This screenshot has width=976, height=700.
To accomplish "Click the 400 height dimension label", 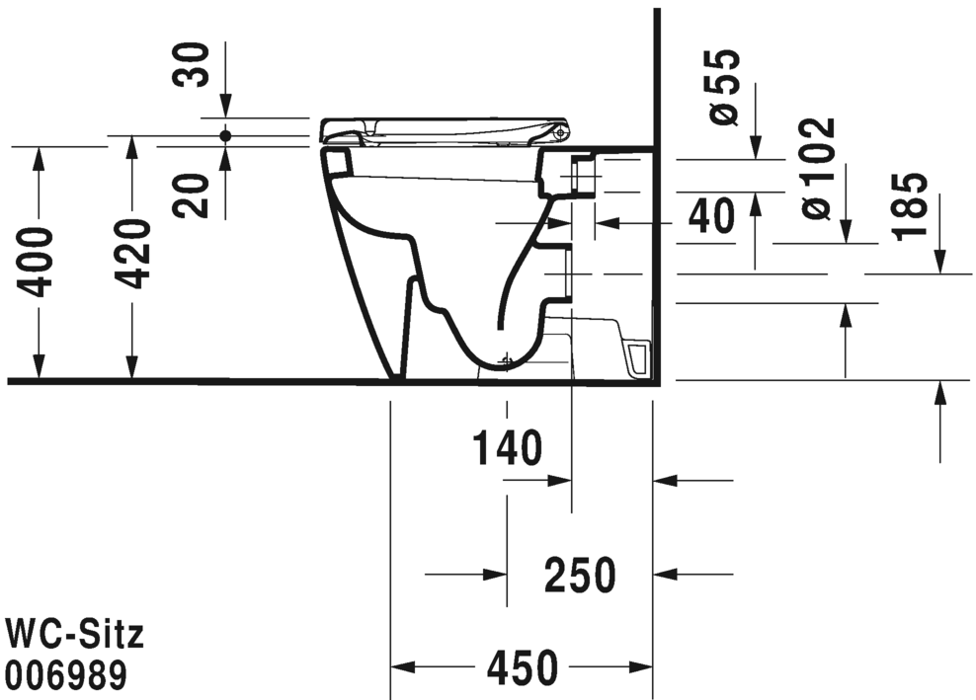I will coord(38,262).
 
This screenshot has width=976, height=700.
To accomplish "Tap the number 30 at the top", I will coord(193,65).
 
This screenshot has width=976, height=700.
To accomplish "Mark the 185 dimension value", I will coord(910,206).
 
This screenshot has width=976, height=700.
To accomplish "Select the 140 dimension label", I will coord(507,448).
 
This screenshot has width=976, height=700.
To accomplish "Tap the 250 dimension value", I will coord(581,574).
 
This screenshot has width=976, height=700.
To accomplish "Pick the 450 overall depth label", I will coord(522,670).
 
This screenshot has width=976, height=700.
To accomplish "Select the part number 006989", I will coord(66,675).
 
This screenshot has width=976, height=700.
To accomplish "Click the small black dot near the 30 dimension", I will coord(225,134).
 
